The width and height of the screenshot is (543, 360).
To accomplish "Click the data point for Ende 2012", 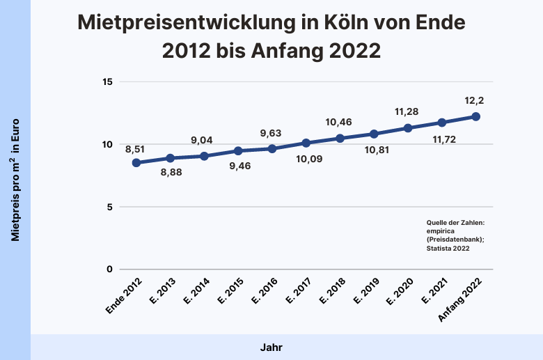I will [x=136, y=163].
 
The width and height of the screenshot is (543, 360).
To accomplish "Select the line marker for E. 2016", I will [x=272, y=149].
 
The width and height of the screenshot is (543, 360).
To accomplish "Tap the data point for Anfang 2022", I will [x=476, y=116].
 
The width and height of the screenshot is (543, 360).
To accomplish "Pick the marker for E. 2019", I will [x=374, y=134].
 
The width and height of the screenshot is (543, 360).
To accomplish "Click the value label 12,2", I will [x=476, y=100].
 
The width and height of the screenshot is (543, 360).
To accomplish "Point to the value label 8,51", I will [x=136, y=148].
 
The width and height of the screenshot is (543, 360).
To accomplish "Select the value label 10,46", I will [x=340, y=123].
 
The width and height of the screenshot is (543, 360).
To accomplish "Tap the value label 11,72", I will [x=442, y=140].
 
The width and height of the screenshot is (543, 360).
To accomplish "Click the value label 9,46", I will [x=239, y=166].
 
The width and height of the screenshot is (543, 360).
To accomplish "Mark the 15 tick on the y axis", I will [x=107, y=81].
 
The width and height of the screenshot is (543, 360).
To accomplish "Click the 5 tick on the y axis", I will [x=110, y=207].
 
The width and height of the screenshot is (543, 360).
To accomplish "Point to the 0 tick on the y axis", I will [x=110, y=269].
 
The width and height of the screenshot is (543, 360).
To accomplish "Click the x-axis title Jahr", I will [x=271, y=347].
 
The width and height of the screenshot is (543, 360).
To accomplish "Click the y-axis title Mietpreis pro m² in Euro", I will [x=15, y=180].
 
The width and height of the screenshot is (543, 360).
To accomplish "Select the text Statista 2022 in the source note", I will [x=448, y=248].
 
